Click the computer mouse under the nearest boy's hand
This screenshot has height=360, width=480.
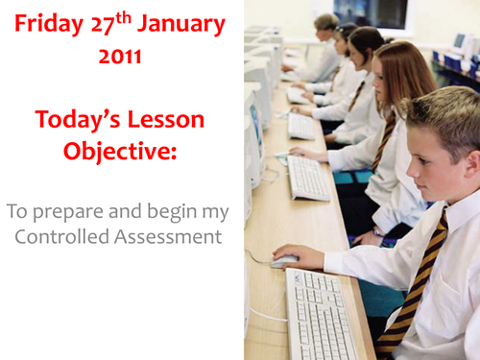coord(285,260)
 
